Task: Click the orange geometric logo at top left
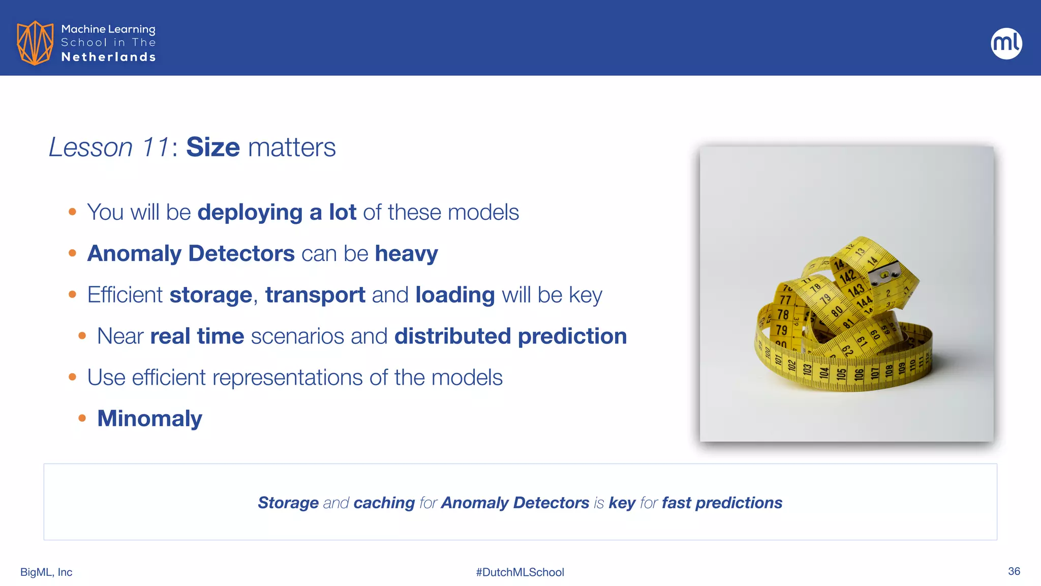pyautogui.click(x=35, y=43)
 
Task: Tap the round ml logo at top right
pyautogui.click(x=1006, y=43)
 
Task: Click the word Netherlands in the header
pyautogui.click(x=108, y=57)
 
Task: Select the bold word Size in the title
pyautogui.click(x=212, y=148)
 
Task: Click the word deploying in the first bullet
pyautogui.click(x=250, y=213)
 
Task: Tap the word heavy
pyautogui.click(x=406, y=254)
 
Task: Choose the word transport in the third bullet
pyautogui.click(x=315, y=295)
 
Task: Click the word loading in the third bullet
pyautogui.click(x=454, y=295)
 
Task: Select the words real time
pyautogui.click(x=197, y=336)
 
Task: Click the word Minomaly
pyautogui.click(x=149, y=419)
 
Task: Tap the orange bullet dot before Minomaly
pyautogui.click(x=82, y=419)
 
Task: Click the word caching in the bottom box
pyautogui.click(x=384, y=503)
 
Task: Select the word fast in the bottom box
pyautogui.click(x=676, y=503)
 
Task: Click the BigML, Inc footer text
pyautogui.click(x=46, y=572)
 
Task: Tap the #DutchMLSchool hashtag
pyautogui.click(x=520, y=572)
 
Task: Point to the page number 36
pyautogui.click(x=1014, y=571)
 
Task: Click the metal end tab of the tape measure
pyautogui.click(x=885, y=272)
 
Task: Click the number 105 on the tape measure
pyautogui.click(x=841, y=374)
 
